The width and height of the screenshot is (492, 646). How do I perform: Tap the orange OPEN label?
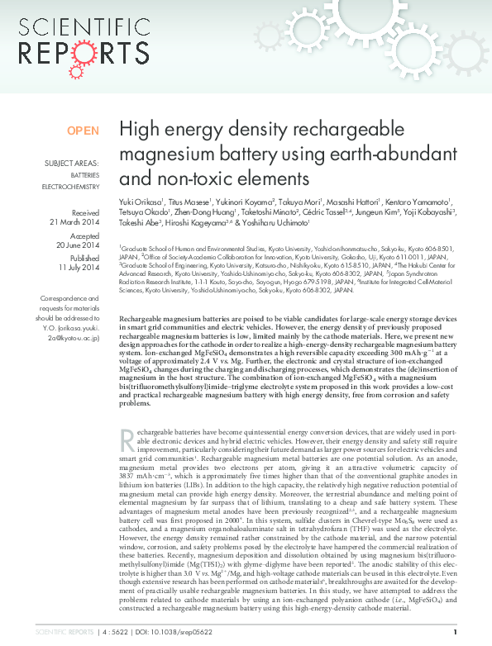click(x=83, y=131)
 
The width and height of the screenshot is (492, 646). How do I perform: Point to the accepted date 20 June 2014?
click(x=77, y=246)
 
